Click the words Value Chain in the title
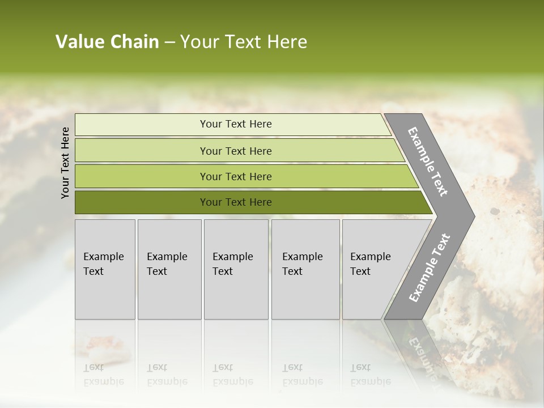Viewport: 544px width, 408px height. click(107, 42)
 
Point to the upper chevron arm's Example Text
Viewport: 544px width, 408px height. click(428, 161)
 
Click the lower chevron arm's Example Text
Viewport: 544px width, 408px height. click(430, 267)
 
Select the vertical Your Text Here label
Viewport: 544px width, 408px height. click(66, 163)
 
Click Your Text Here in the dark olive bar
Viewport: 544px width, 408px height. click(236, 202)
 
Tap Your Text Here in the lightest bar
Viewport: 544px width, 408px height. click(236, 124)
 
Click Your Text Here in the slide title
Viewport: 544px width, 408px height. click(244, 42)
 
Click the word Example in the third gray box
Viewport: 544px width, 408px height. click(232, 257)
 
